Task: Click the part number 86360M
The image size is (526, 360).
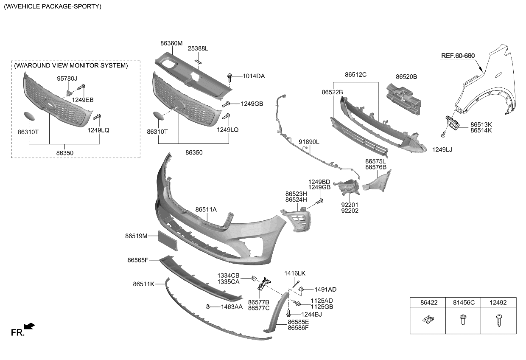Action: pyautogui.click(x=171, y=43)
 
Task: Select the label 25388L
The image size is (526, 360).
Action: pyautogui.click(x=198, y=48)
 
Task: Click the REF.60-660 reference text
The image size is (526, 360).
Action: pyautogui.click(x=458, y=56)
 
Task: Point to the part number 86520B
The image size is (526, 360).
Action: pyautogui.click(x=406, y=77)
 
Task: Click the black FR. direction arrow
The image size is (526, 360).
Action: pyautogui.click(x=29, y=326)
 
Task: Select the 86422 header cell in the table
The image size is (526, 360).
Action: pyautogui.click(x=428, y=303)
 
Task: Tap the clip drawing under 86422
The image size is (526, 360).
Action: pyautogui.click(x=428, y=320)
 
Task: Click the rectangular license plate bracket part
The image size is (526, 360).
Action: pyautogui.click(x=168, y=242)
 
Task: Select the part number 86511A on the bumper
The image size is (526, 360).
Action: pyautogui.click(x=206, y=209)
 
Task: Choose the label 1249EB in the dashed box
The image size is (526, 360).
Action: pyautogui.click(x=83, y=100)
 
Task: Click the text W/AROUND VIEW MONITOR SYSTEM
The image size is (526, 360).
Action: pyautogui.click(x=71, y=65)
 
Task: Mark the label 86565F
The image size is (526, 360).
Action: pyautogui.click(x=137, y=259)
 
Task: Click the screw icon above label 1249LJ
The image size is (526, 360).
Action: pyautogui.click(x=443, y=135)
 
